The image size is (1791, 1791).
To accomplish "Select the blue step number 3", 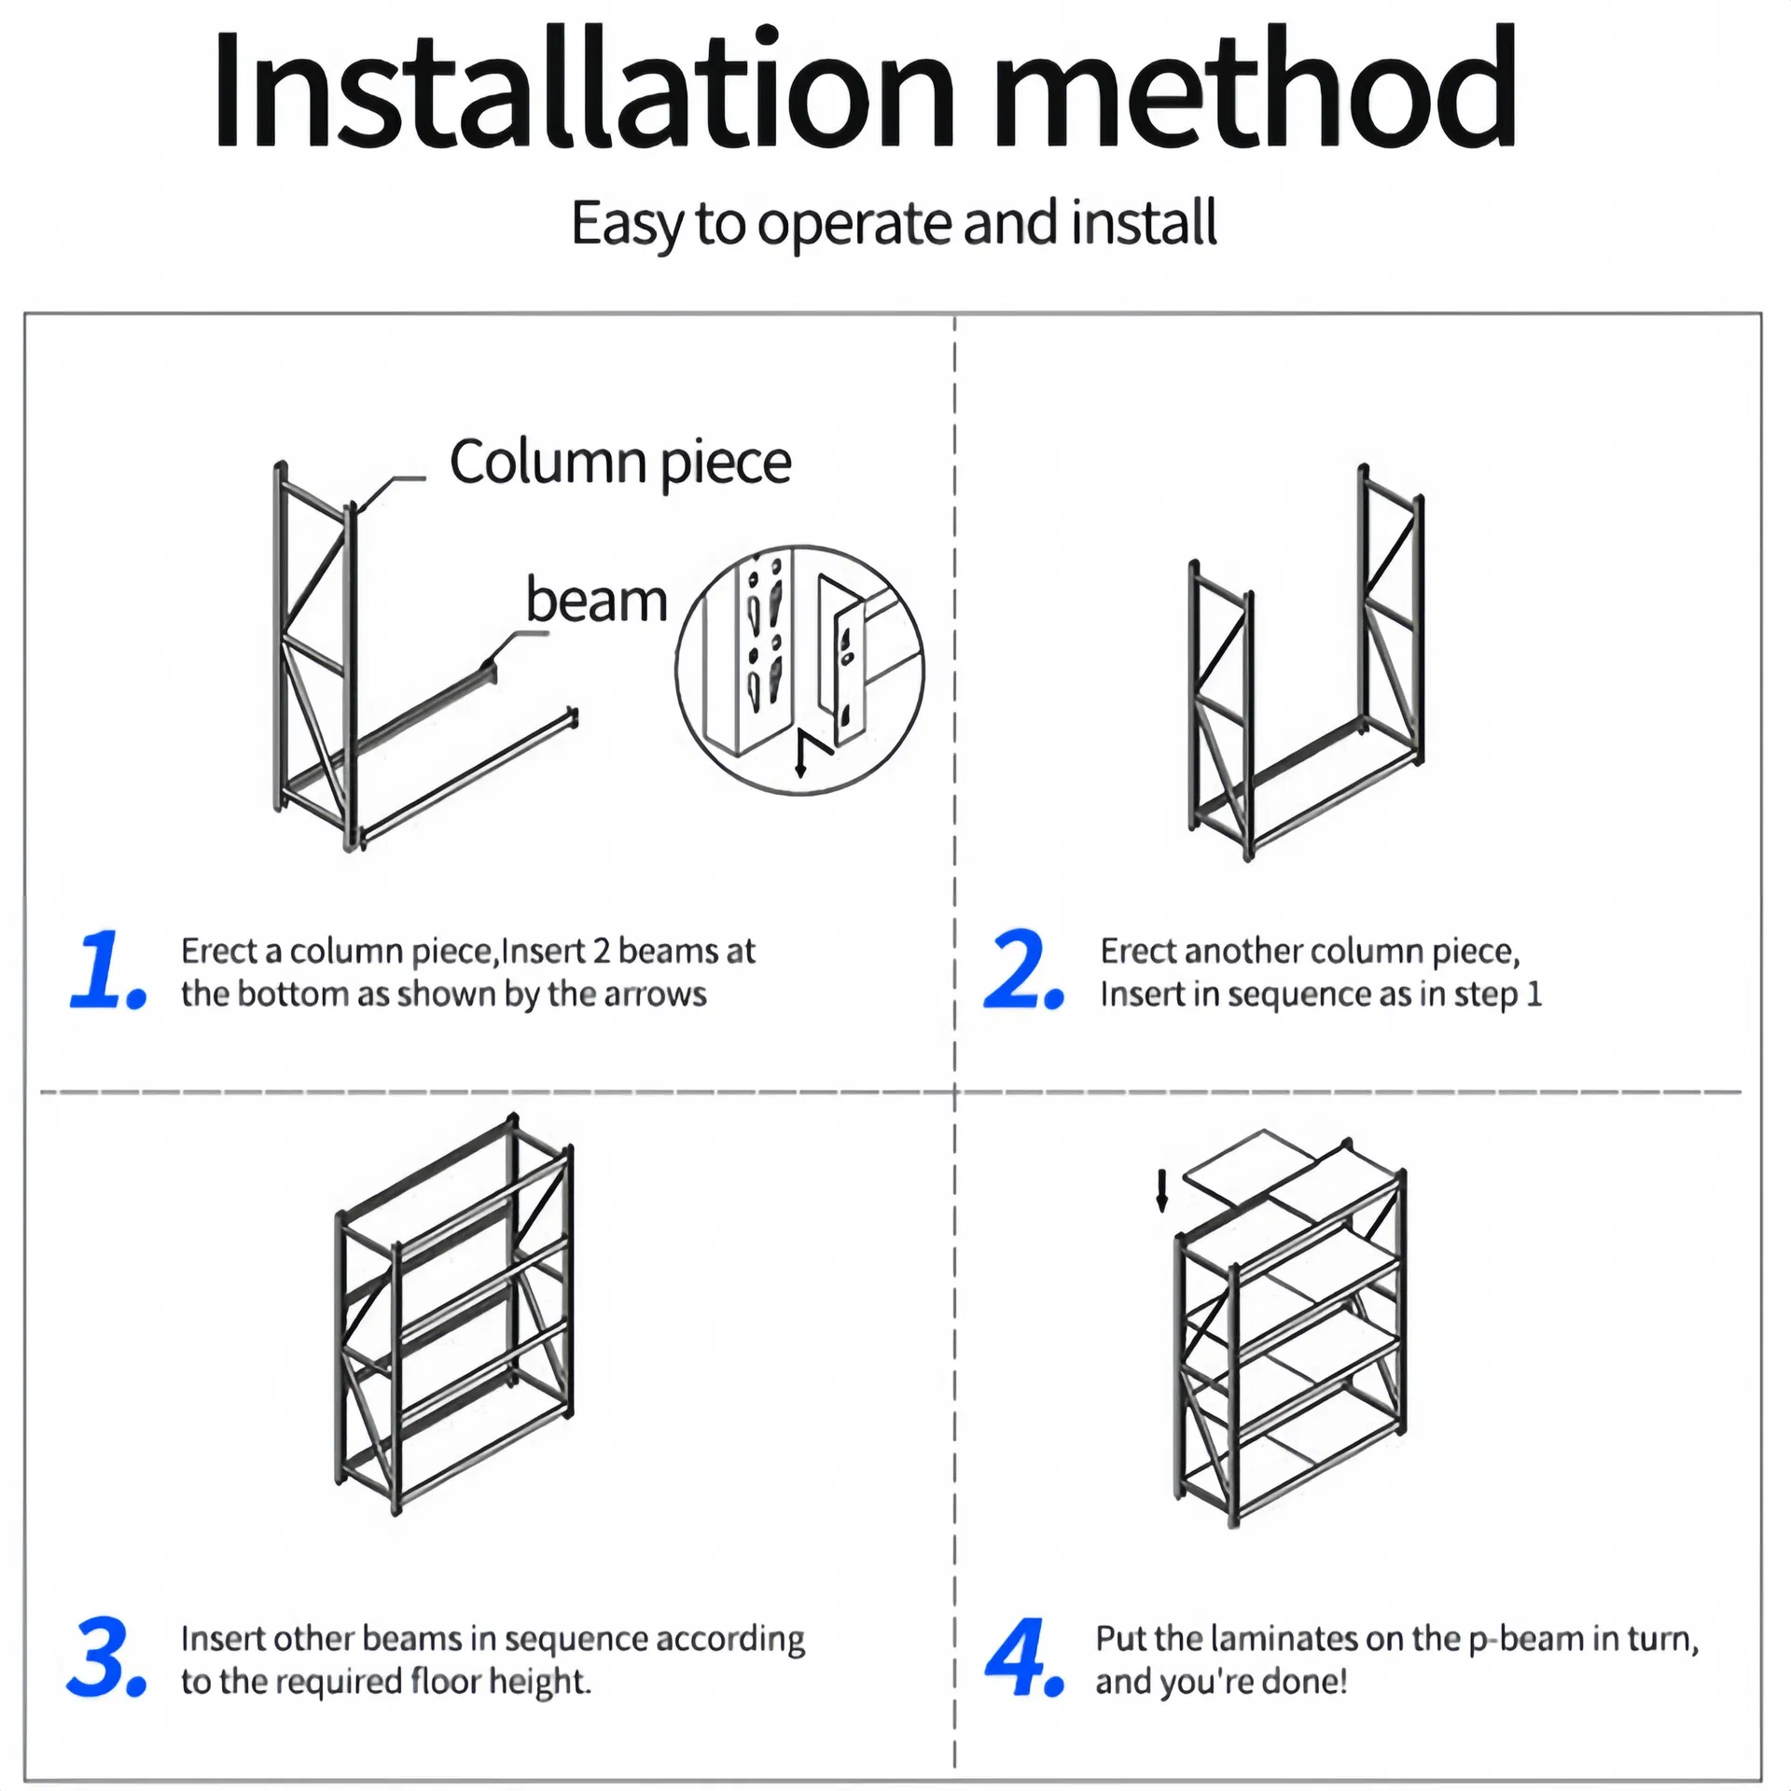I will click(105, 1659).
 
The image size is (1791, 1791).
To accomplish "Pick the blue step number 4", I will click(1021, 1659).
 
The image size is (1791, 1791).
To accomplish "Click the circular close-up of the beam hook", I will click(799, 670).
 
